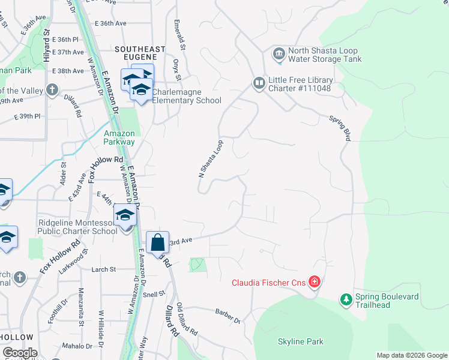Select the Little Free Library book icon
tap(259, 83)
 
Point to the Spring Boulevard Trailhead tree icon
tap(346, 298)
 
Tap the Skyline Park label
tap(300, 342)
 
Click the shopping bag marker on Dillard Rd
tap(157, 243)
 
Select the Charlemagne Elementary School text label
tap(187, 97)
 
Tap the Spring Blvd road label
tap(340, 128)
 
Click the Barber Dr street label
tap(228, 315)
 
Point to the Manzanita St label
tap(82, 306)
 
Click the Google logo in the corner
tap(20, 353)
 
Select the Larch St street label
tap(103, 270)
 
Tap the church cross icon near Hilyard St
tap(52, 91)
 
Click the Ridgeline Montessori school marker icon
tap(125, 214)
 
